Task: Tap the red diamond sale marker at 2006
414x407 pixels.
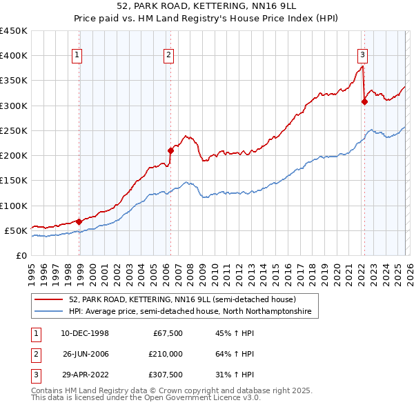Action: (170, 150)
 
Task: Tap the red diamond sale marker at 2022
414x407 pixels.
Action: (364, 101)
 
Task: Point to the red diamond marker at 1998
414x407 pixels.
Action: (79, 221)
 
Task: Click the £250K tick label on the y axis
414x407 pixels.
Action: (13, 130)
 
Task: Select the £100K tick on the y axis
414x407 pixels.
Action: (13, 206)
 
